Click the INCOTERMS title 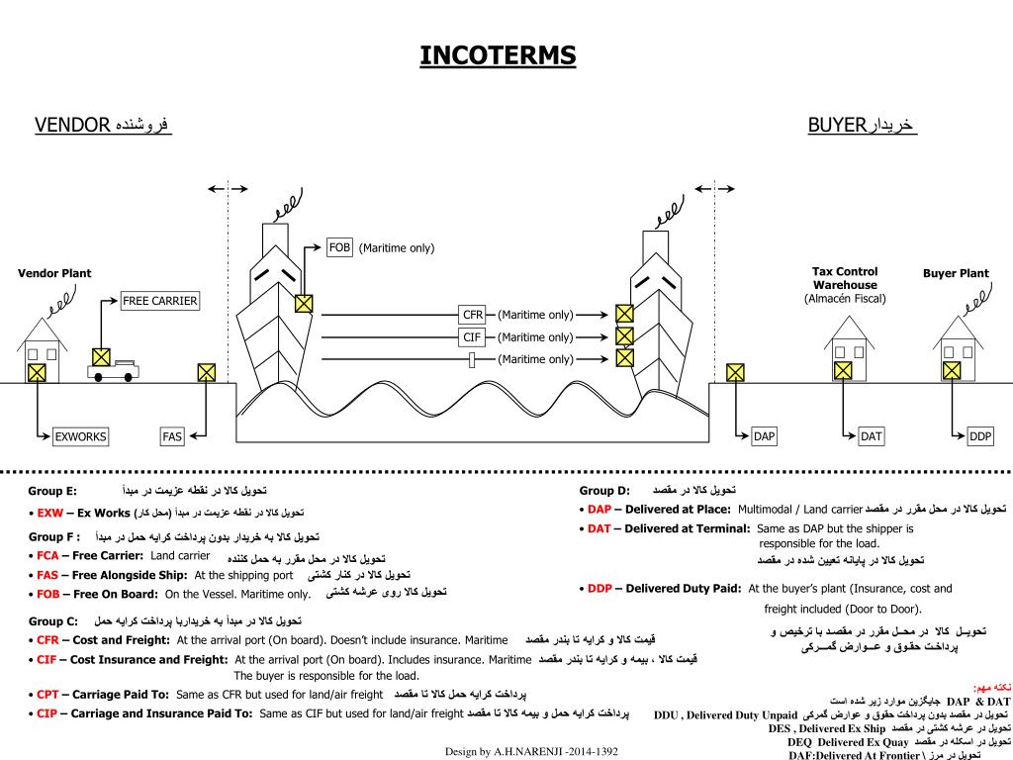click(498, 55)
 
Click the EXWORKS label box click(80, 436)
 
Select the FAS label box click(172, 436)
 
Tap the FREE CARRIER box click(160, 301)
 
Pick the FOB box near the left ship click(339, 247)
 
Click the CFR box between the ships click(473, 315)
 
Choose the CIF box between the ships click(472, 337)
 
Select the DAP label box click(765, 436)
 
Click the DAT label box click(871, 436)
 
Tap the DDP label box click(979, 436)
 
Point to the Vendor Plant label click(54, 274)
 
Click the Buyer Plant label click(956, 274)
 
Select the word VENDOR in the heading click(71, 125)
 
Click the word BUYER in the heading click(837, 125)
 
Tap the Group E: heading click(52, 491)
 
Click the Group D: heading click(604, 491)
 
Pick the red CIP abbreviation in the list click(47, 713)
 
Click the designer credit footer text click(531, 752)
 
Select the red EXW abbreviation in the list click(50, 514)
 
